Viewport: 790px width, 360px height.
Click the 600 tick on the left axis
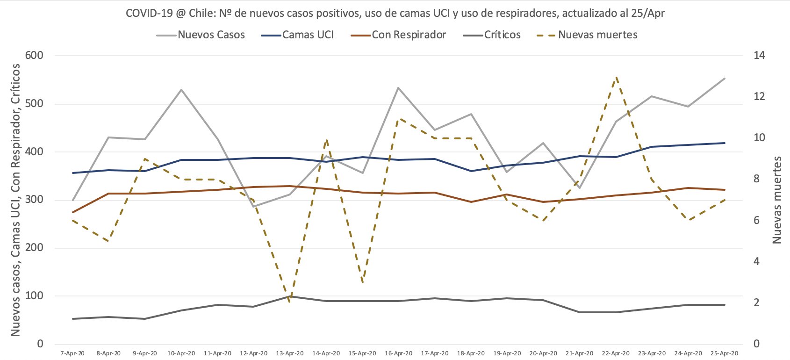point(34,56)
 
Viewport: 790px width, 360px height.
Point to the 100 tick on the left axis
point(34,296)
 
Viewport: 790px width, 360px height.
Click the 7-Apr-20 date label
point(72,353)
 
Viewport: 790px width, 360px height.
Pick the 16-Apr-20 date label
point(399,353)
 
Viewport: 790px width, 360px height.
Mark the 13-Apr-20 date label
point(290,353)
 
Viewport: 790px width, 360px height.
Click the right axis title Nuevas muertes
point(776,200)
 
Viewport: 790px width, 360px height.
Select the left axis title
point(15,200)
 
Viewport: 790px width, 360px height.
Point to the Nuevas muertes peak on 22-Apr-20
point(616,76)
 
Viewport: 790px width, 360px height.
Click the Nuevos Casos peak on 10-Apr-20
point(181,89)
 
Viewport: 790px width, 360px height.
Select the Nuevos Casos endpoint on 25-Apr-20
point(725,79)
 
